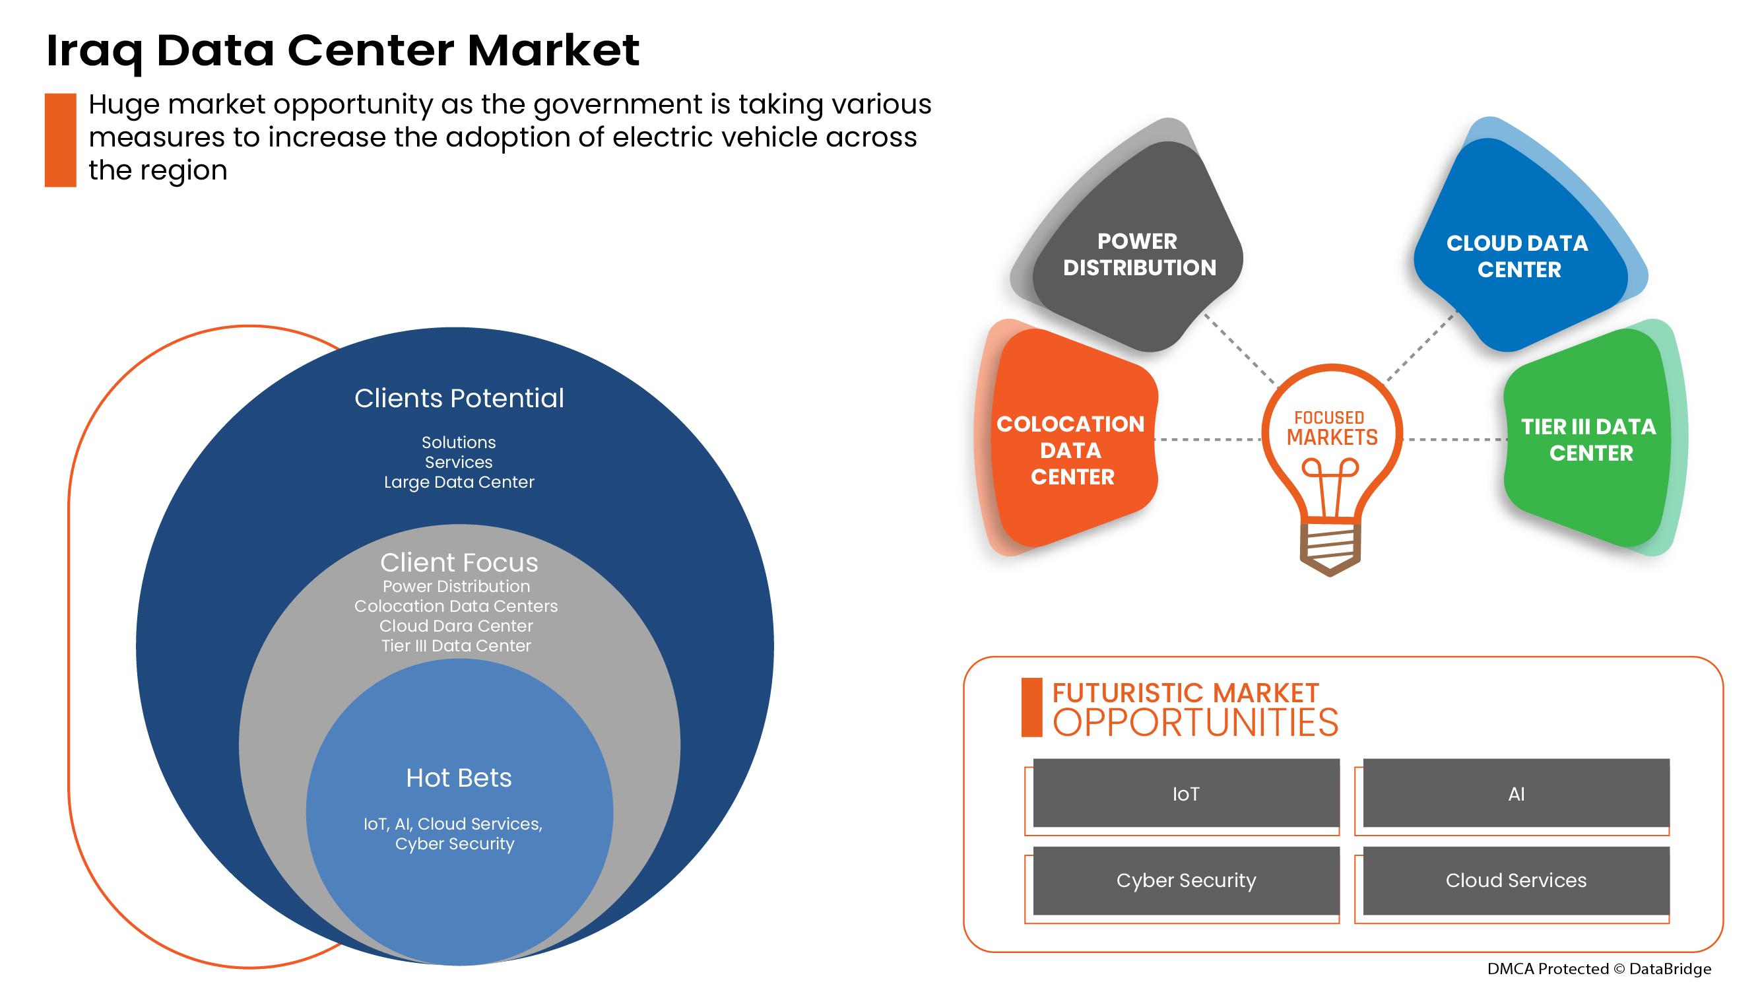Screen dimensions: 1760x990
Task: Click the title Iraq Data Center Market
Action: pyautogui.click(x=342, y=51)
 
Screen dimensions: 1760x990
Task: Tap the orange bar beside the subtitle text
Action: pyautogui.click(x=60, y=140)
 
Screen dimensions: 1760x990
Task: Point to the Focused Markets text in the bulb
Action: pyautogui.click(x=1332, y=428)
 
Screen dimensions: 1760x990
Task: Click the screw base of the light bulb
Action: pyautogui.click(x=1330, y=550)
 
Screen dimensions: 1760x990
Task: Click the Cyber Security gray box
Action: pyautogui.click(x=1186, y=880)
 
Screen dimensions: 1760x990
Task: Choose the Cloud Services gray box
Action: pyautogui.click(x=1516, y=880)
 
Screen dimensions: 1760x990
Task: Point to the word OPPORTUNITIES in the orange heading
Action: pyautogui.click(x=1195, y=723)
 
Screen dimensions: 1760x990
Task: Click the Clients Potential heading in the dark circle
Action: pyautogui.click(x=459, y=399)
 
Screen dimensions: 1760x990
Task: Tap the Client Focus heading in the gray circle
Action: pyautogui.click(x=459, y=562)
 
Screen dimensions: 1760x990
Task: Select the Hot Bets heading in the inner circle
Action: pyautogui.click(x=459, y=777)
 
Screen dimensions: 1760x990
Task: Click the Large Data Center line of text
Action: pyautogui.click(x=459, y=482)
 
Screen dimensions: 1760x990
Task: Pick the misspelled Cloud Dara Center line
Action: pyautogui.click(x=457, y=626)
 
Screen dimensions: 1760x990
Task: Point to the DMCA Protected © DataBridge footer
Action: pyautogui.click(x=1599, y=969)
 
